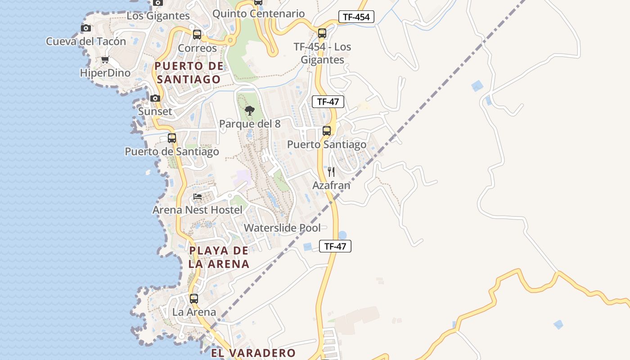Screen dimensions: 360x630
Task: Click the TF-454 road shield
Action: [356, 17]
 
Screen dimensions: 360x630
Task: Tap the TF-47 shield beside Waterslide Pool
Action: [335, 246]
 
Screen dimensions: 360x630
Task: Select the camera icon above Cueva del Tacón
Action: [85, 28]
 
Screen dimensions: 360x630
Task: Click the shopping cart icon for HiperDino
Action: [105, 59]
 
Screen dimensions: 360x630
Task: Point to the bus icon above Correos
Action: [197, 34]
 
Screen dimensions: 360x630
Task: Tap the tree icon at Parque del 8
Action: [249, 110]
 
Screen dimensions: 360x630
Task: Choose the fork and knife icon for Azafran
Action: [331, 171]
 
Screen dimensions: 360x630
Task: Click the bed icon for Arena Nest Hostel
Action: [198, 196]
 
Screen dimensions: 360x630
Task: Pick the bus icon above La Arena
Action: [194, 298]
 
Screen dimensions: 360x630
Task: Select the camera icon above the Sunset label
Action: [155, 98]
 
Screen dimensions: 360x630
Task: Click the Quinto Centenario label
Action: [258, 13]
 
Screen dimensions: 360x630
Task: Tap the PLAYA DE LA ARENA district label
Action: [219, 257]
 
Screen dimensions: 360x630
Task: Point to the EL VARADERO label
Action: [253, 353]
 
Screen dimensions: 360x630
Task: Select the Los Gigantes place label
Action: [158, 16]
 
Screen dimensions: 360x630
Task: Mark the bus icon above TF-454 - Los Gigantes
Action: [322, 33]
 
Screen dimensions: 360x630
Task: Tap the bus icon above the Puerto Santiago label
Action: [327, 131]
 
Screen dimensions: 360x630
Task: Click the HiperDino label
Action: [105, 73]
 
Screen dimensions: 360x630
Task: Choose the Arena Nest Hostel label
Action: [197, 210]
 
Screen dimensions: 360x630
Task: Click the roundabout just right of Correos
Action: [231, 40]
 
